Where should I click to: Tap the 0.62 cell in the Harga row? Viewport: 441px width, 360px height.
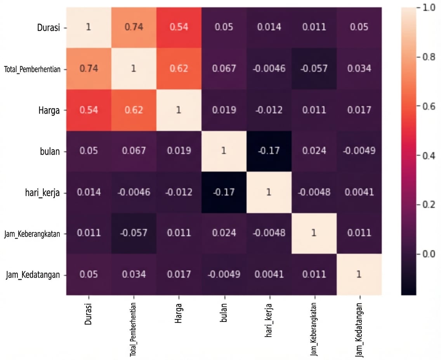133,110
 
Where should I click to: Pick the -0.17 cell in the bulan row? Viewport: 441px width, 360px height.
268,151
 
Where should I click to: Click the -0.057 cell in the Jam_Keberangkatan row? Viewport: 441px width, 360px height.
133,233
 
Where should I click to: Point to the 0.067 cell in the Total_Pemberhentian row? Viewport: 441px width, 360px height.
223,69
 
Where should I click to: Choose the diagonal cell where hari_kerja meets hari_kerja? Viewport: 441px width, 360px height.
268,192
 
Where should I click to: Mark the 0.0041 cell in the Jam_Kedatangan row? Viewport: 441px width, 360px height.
268,274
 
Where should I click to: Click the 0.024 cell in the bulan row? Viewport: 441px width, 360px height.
314,151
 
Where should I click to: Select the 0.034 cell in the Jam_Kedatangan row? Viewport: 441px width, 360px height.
133,274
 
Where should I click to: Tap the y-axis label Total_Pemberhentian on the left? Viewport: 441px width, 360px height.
32,69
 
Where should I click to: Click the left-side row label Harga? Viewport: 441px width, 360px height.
49,110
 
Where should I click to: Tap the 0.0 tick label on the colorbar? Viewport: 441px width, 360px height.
429,254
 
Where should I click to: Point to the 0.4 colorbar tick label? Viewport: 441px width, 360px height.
429,156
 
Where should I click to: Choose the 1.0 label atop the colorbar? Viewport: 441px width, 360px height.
429,8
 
